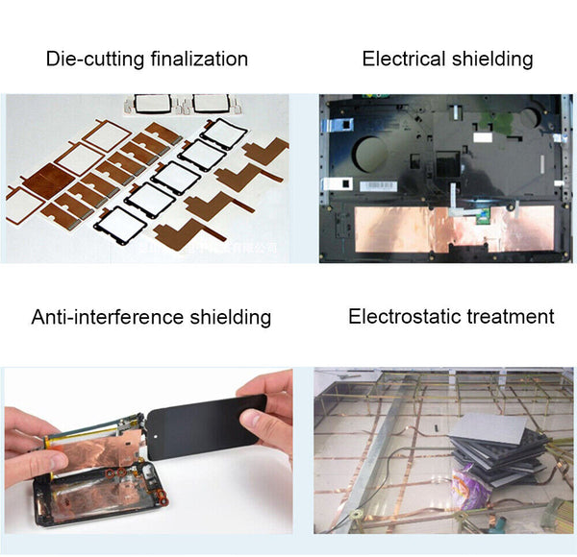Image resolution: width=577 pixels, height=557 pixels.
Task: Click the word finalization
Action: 199,60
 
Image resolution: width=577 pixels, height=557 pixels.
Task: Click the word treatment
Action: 515,317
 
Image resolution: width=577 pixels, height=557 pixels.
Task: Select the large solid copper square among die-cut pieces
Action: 42,182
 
